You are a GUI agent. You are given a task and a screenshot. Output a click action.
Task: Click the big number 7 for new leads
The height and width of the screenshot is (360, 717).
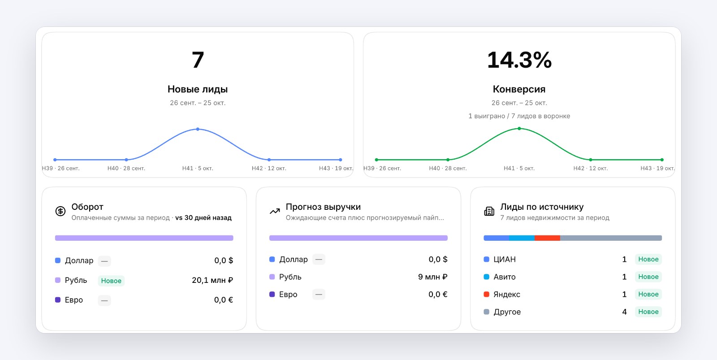click(x=198, y=60)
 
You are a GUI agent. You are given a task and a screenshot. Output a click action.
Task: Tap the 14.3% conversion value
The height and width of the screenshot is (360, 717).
click(x=519, y=60)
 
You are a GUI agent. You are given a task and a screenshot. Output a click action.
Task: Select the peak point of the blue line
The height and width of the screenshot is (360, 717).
click(x=198, y=129)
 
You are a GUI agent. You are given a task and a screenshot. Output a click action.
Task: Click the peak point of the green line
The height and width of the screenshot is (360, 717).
click(x=519, y=128)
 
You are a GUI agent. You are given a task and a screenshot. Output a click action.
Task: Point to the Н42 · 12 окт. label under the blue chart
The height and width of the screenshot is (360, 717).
click(x=269, y=168)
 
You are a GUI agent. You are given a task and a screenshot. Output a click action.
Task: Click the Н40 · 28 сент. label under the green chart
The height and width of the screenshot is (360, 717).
click(x=448, y=168)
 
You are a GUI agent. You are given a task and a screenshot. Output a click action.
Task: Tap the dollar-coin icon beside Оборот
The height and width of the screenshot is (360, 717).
click(x=60, y=212)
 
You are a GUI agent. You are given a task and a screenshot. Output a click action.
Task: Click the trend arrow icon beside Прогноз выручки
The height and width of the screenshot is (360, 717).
click(x=275, y=212)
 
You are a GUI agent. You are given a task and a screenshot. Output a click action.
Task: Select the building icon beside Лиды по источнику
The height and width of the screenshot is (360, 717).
click(x=489, y=212)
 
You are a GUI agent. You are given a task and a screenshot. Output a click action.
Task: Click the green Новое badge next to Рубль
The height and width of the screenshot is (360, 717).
click(x=111, y=281)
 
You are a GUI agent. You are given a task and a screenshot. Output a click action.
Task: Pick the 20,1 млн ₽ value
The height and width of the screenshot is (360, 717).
click(x=212, y=280)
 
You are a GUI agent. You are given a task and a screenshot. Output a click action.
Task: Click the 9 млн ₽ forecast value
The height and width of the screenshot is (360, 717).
click(x=433, y=277)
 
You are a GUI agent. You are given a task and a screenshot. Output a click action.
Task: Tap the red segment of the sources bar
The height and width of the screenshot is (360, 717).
click(x=547, y=238)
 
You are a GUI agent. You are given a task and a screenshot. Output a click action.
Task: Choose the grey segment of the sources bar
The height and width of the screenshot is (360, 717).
click(x=611, y=238)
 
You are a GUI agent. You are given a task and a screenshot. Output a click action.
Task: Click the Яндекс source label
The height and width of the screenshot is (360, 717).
click(x=507, y=295)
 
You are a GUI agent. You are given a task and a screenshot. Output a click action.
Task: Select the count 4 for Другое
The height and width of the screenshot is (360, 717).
click(x=624, y=312)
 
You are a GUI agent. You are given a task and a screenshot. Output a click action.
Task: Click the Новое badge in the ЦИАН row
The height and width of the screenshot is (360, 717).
click(x=648, y=259)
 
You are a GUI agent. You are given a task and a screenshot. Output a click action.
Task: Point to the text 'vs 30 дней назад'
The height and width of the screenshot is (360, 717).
click(x=203, y=218)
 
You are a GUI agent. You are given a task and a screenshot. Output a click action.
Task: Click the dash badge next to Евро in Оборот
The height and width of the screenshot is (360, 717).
click(x=104, y=300)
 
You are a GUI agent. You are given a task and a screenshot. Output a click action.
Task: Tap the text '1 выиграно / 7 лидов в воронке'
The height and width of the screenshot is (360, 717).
click(x=519, y=116)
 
